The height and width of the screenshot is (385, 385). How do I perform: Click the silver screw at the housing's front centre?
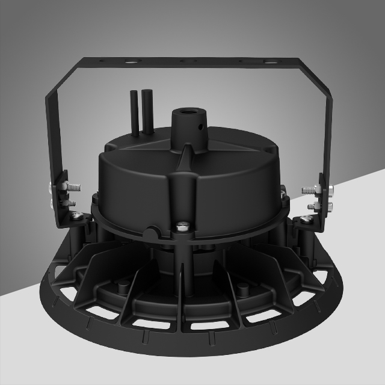(x=182, y=227)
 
